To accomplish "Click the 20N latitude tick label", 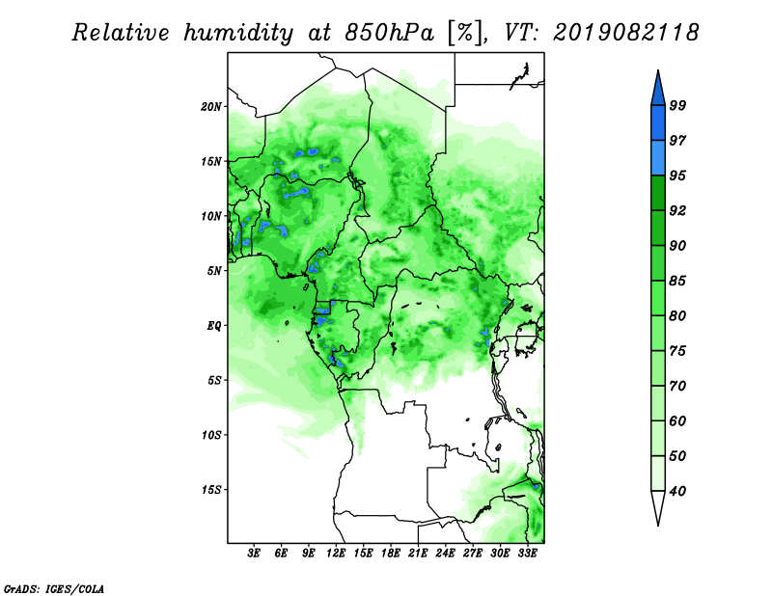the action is pos(211,107).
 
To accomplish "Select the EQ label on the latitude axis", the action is pos(214,326).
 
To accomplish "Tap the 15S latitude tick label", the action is pos(211,490).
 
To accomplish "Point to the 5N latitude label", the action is pos(214,271).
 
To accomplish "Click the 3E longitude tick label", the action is pos(254,554).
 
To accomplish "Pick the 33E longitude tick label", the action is pos(527,554).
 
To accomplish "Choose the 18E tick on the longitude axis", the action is pos(391,554).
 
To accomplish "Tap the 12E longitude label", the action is pos(336,554).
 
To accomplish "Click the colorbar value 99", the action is pos(677,105).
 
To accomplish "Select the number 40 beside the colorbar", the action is pos(677,491).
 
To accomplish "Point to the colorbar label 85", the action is pos(677,281).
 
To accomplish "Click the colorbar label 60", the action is pos(677,421).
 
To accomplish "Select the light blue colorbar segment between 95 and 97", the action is pos(658,158).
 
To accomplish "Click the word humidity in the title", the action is pos(239,34).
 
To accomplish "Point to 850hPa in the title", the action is pos(390,33).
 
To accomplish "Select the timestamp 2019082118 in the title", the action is pos(625,33).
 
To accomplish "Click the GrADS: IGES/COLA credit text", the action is pos(54,589).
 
